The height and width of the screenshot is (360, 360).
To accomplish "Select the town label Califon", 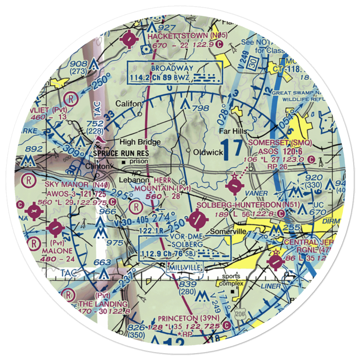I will point(129,104).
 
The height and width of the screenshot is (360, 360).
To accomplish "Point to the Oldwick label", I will point(208,152).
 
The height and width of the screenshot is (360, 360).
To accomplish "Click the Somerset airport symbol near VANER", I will point(234,186).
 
